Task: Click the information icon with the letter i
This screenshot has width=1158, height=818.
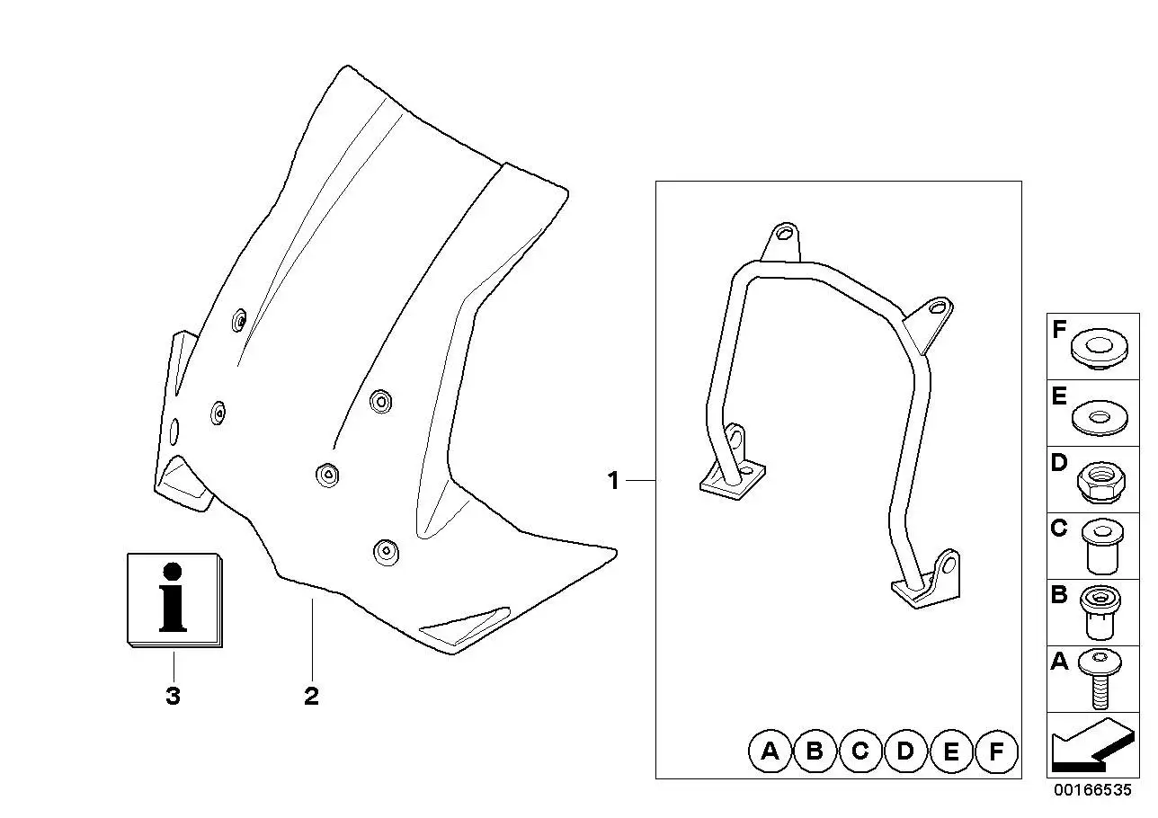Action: click(x=174, y=600)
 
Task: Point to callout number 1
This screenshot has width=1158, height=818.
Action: click(x=613, y=481)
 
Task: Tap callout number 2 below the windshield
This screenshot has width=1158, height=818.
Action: click(x=311, y=696)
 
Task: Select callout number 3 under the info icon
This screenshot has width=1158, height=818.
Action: click(x=174, y=696)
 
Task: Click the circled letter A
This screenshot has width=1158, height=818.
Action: click(x=771, y=751)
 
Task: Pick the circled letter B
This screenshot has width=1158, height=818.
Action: click(x=815, y=751)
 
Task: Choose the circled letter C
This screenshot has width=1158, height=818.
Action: click(x=860, y=751)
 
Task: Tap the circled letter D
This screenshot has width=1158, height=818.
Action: click(x=905, y=751)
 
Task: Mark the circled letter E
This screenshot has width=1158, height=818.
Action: click(x=951, y=751)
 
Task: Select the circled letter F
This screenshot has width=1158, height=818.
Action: click(x=997, y=751)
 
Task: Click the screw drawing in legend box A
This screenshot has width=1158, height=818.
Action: click(x=1100, y=678)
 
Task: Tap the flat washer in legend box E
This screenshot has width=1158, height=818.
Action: click(x=1100, y=417)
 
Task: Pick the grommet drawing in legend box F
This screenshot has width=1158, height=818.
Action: click(x=1099, y=347)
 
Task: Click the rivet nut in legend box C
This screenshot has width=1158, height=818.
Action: click(x=1102, y=547)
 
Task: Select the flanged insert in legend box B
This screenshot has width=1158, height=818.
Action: click(x=1100, y=612)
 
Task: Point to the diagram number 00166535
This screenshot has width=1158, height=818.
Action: click(x=1093, y=790)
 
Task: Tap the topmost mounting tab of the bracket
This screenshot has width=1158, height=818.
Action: click(x=781, y=242)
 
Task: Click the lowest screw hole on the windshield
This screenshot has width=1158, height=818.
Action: click(x=387, y=552)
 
